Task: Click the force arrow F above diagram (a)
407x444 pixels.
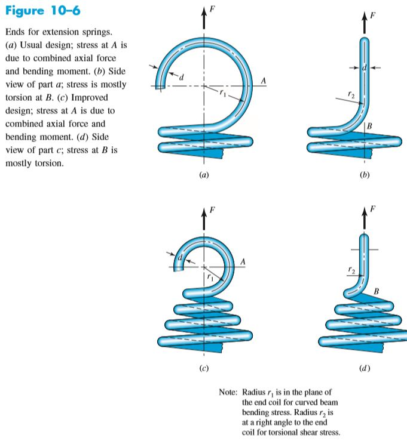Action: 204,18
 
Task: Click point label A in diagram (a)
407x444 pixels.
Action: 263,79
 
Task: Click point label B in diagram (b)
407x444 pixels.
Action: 370,126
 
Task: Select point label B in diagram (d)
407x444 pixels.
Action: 375,291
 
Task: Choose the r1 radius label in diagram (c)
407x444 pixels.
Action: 210,277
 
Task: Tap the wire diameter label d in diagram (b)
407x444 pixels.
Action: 363,70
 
